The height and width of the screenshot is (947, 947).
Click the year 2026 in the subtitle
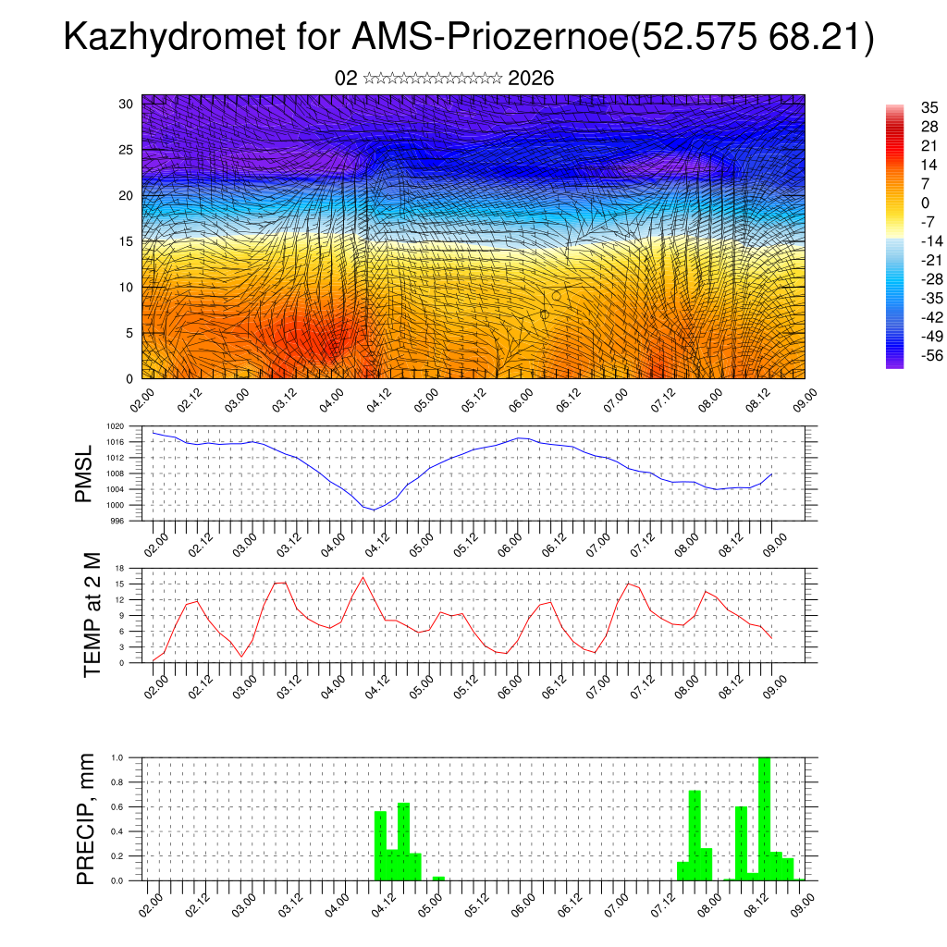531,79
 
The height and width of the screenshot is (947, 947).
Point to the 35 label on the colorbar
929,107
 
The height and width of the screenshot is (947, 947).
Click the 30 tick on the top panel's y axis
127,104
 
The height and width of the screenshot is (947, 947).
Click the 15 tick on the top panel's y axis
127,241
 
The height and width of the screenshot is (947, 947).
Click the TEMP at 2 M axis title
91,614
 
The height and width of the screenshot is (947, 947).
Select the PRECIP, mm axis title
87,817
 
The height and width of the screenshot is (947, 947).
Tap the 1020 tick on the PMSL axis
114,427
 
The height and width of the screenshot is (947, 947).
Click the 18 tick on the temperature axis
119,568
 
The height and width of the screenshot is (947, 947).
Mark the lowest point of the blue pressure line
373,510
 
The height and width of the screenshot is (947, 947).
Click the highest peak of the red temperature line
363,577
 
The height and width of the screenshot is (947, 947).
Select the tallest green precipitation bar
764,818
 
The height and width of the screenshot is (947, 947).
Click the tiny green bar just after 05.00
438,878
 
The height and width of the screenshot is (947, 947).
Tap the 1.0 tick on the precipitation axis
117,757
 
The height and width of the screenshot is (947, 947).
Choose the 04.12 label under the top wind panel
378,400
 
